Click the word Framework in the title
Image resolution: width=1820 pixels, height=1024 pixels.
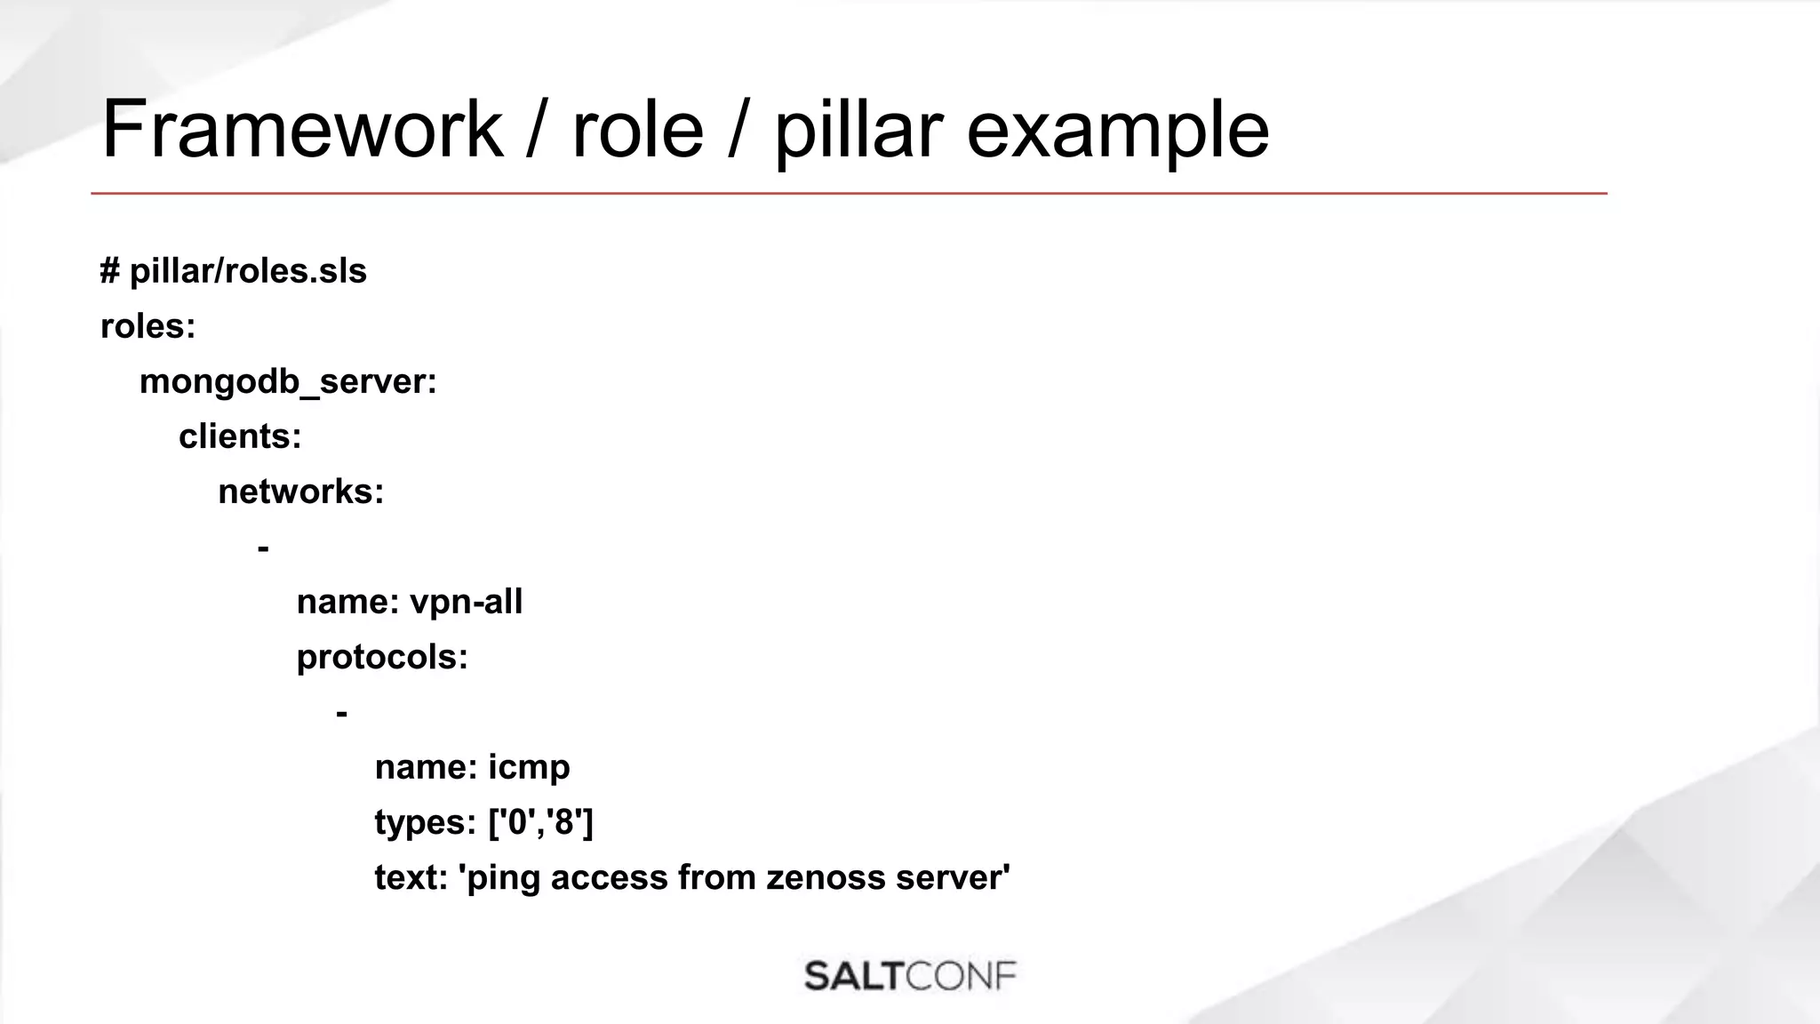(x=302, y=130)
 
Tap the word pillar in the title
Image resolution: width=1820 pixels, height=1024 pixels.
(x=857, y=130)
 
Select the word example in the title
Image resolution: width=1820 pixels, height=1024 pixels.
(x=1117, y=130)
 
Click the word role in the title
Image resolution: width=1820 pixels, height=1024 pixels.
(x=637, y=130)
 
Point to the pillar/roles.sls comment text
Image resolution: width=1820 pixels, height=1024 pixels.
(x=248, y=271)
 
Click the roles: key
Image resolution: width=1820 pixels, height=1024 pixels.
(x=148, y=326)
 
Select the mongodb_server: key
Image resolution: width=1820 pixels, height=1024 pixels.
(x=288, y=381)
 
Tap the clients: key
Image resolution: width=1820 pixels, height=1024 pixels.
(x=240, y=436)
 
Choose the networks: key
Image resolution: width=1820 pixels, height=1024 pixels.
(x=301, y=492)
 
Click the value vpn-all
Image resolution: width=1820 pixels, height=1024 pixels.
(x=466, y=602)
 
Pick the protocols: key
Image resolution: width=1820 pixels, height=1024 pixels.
(x=382, y=657)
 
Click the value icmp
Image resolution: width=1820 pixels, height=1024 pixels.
(x=529, y=767)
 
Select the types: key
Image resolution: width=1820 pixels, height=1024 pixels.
(x=426, y=822)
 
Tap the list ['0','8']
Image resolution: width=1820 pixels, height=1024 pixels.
(x=541, y=822)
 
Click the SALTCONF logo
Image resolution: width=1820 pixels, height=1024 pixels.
(x=910, y=976)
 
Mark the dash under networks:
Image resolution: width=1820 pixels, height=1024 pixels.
(x=263, y=548)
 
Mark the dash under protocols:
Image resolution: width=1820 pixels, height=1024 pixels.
(x=341, y=713)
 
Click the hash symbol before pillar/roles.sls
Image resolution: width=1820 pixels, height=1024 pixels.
(x=110, y=271)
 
